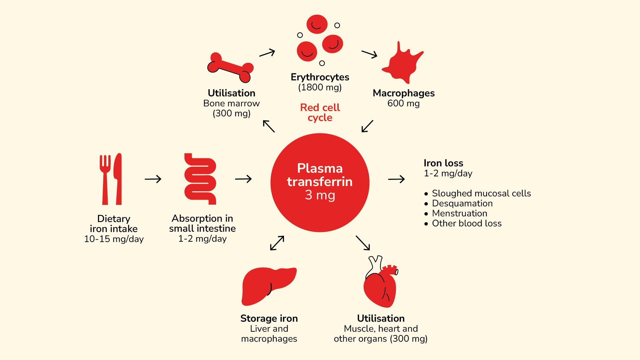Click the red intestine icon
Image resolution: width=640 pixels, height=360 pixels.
[x=200, y=179]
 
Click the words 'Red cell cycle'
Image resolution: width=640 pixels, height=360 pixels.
[x=320, y=113]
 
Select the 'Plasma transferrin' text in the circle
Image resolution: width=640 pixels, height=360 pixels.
[x=320, y=175]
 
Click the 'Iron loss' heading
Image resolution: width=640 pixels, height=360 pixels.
[x=443, y=163]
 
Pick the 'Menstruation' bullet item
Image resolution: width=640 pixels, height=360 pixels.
[x=459, y=213]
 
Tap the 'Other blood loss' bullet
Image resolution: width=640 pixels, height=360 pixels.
[x=467, y=223]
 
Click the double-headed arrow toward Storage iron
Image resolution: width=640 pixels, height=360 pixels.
[x=277, y=243]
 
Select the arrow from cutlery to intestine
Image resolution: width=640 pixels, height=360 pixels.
[x=153, y=179]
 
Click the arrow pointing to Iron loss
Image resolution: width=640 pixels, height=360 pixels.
[x=396, y=179]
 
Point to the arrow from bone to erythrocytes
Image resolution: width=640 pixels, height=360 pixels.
[x=267, y=53]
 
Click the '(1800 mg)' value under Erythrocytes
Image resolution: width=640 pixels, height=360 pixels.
[x=320, y=87]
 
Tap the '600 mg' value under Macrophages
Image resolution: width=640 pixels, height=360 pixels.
[x=403, y=103]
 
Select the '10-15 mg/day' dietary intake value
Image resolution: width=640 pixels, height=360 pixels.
[x=114, y=239]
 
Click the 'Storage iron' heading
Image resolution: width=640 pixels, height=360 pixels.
[x=269, y=318]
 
